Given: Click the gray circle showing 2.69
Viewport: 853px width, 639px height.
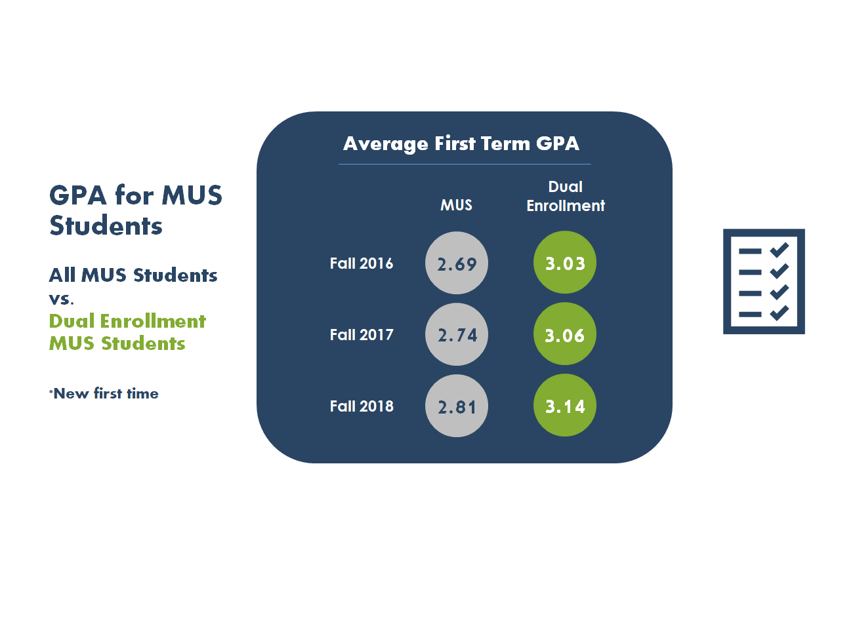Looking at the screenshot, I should point(457,263).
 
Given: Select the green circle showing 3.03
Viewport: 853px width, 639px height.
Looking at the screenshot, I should point(565,263).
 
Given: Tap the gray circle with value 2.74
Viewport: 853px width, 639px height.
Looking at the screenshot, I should point(457,334).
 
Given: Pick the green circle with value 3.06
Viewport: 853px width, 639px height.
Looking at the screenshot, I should point(565,334).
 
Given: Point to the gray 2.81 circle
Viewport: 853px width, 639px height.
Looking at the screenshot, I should point(457,406).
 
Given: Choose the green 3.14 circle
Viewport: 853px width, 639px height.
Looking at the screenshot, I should point(565,406).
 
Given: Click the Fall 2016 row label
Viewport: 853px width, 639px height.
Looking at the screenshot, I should point(362,263).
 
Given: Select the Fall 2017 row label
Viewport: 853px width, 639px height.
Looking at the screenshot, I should point(362,335).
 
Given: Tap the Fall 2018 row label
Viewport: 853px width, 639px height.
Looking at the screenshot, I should point(362,406).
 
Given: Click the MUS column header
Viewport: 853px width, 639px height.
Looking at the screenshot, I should point(456,205).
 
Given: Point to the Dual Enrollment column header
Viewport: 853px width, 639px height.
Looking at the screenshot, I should point(566,196).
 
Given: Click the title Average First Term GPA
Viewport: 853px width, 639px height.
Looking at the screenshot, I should point(461,144).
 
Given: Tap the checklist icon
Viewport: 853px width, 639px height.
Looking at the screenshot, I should point(764,281).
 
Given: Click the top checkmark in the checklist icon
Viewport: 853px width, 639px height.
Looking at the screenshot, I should point(780,250).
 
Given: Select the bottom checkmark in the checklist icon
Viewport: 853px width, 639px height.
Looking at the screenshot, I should point(780,313).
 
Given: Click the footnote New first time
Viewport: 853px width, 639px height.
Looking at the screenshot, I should point(105,393).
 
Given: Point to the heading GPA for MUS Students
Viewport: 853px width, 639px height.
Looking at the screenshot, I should point(136,210).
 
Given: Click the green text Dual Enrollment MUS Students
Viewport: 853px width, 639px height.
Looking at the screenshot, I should point(127,332).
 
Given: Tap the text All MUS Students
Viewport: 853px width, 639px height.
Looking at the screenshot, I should point(133,275).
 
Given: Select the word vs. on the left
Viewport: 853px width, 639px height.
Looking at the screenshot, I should point(62,299).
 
